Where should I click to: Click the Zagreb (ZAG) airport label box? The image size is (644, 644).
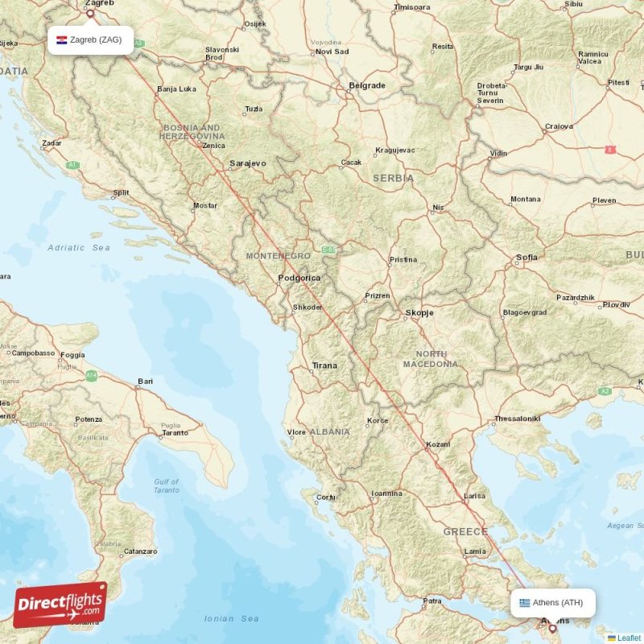click(x=90, y=39)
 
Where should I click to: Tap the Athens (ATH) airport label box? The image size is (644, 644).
click(x=553, y=602)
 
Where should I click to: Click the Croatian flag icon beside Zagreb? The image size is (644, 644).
click(x=61, y=39)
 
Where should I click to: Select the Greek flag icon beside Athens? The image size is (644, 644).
click(x=525, y=602)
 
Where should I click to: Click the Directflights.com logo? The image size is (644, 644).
click(x=60, y=605)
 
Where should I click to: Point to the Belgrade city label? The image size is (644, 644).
click(x=366, y=85)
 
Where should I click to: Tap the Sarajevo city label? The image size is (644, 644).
click(x=247, y=163)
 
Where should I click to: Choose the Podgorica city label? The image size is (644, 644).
click(x=299, y=279)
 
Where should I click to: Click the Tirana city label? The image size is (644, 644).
click(x=324, y=365)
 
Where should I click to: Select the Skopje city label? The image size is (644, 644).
click(x=419, y=312)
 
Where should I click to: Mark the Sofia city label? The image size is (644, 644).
click(x=527, y=258)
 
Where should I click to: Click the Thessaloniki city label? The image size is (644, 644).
click(x=517, y=419)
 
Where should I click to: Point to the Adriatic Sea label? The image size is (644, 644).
click(x=79, y=248)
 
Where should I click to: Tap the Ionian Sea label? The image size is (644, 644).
click(x=231, y=618)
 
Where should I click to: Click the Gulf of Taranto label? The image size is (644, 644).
click(x=167, y=485)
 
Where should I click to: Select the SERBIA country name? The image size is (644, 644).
click(x=393, y=178)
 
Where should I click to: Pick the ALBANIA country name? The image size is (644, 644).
click(x=330, y=432)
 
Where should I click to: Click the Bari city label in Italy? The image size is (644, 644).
click(x=145, y=381)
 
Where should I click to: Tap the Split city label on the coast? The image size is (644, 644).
click(x=121, y=193)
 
